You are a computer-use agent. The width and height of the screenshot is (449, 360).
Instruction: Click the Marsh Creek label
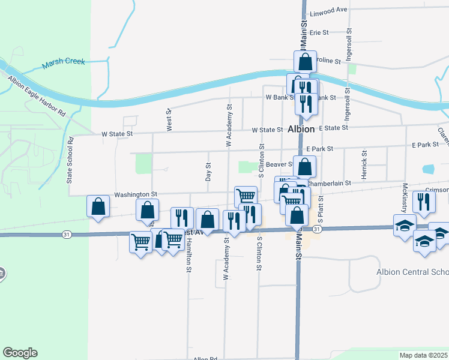[64, 62]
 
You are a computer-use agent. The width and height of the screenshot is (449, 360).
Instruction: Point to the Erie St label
[319, 32]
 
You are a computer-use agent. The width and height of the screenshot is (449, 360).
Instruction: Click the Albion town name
[301, 129]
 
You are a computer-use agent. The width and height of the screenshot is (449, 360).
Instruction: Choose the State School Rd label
[70, 161]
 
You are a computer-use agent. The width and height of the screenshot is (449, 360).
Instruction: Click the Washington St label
[135, 194]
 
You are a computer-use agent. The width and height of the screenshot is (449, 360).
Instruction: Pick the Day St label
[208, 172]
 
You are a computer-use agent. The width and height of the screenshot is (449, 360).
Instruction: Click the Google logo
[20, 353]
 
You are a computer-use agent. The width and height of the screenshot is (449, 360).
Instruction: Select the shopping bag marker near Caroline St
[305, 61]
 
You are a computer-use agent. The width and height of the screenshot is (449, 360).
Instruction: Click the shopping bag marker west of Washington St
[98, 206]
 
